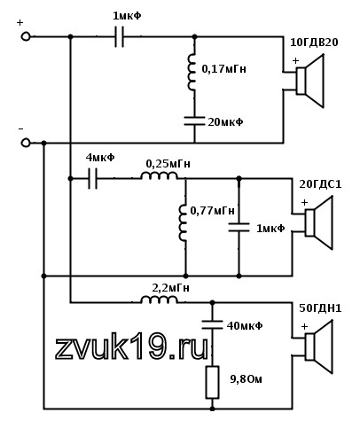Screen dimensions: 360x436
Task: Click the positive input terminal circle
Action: tap(26, 36)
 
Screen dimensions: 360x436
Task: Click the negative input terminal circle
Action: tap(26, 143)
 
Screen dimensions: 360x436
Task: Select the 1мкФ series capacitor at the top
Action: tap(119, 36)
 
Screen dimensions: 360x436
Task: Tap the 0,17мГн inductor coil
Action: tap(192, 72)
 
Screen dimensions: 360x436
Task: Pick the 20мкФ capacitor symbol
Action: tap(194, 121)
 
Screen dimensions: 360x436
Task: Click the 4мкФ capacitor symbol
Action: tap(92, 178)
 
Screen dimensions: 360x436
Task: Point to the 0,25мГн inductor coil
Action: tap(159, 175)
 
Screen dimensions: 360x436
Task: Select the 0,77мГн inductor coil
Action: tap(183, 222)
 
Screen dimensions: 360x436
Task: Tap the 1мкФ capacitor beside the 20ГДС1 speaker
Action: tap(239, 227)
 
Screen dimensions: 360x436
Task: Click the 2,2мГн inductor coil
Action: tap(159, 300)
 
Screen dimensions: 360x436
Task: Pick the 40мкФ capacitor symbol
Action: tap(212, 324)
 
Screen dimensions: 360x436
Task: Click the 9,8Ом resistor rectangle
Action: tap(212, 382)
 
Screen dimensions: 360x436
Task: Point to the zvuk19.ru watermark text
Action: tap(131, 347)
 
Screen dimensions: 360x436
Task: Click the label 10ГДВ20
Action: tap(314, 43)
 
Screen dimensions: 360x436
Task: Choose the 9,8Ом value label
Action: tap(246, 378)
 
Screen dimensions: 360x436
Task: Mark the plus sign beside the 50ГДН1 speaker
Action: tap(304, 326)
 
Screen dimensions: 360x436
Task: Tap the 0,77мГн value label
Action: tap(212, 211)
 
